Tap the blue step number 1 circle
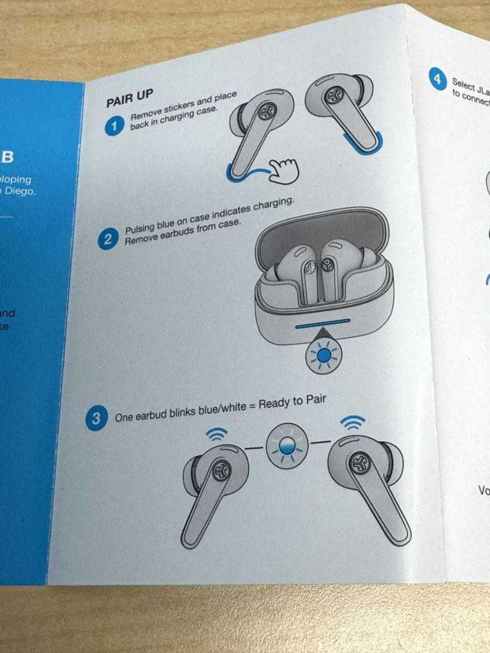tap(114, 127)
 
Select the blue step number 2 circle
tap(108, 240)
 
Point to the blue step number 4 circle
tap(438, 80)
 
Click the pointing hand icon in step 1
tap(283, 169)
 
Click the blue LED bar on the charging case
tap(322, 323)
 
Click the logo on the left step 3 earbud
tap(223, 469)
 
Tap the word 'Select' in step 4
tap(464, 82)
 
